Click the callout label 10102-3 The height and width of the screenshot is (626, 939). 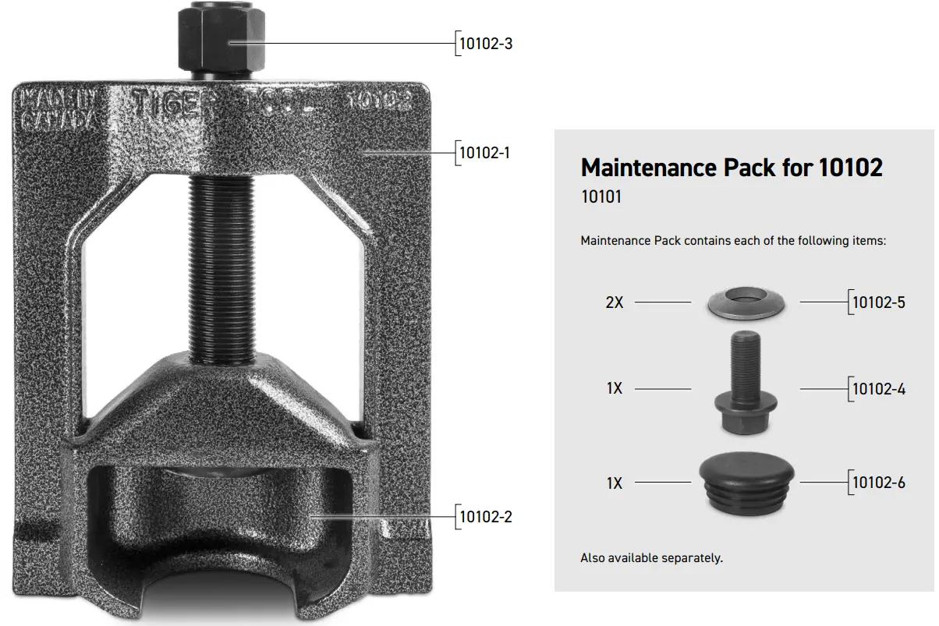pyautogui.click(x=485, y=44)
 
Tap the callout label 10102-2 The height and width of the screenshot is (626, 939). pyautogui.click(x=485, y=516)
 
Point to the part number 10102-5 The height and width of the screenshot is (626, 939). pyautogui.click(x=879, y=302)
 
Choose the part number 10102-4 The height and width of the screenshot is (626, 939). pyautogui.click(x=879, y=388)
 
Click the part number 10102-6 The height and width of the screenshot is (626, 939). pyautogui.click(x=879, y=483)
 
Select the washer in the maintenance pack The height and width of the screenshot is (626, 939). pyautogui.click(x=745, y=302)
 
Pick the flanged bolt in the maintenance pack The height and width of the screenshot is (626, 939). pyautogui.click(x=745, y=382)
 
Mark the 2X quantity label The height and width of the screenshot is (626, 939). pyautogui.click(x=615, y=302)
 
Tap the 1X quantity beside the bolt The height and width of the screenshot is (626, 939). pyautogui.click(x=615, y=388)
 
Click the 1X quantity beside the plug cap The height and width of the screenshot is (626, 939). pyautogui.click(x=615, y=483)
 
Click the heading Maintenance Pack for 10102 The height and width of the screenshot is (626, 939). pyautogui.click(x=732, y=168)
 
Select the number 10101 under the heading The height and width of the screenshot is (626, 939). pyautogui.click(x=601, y=197)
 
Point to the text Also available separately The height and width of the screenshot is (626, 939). pyautogui.click(x=651, y=558)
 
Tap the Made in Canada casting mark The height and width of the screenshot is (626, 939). pyautogui.click(x=58, y=109)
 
